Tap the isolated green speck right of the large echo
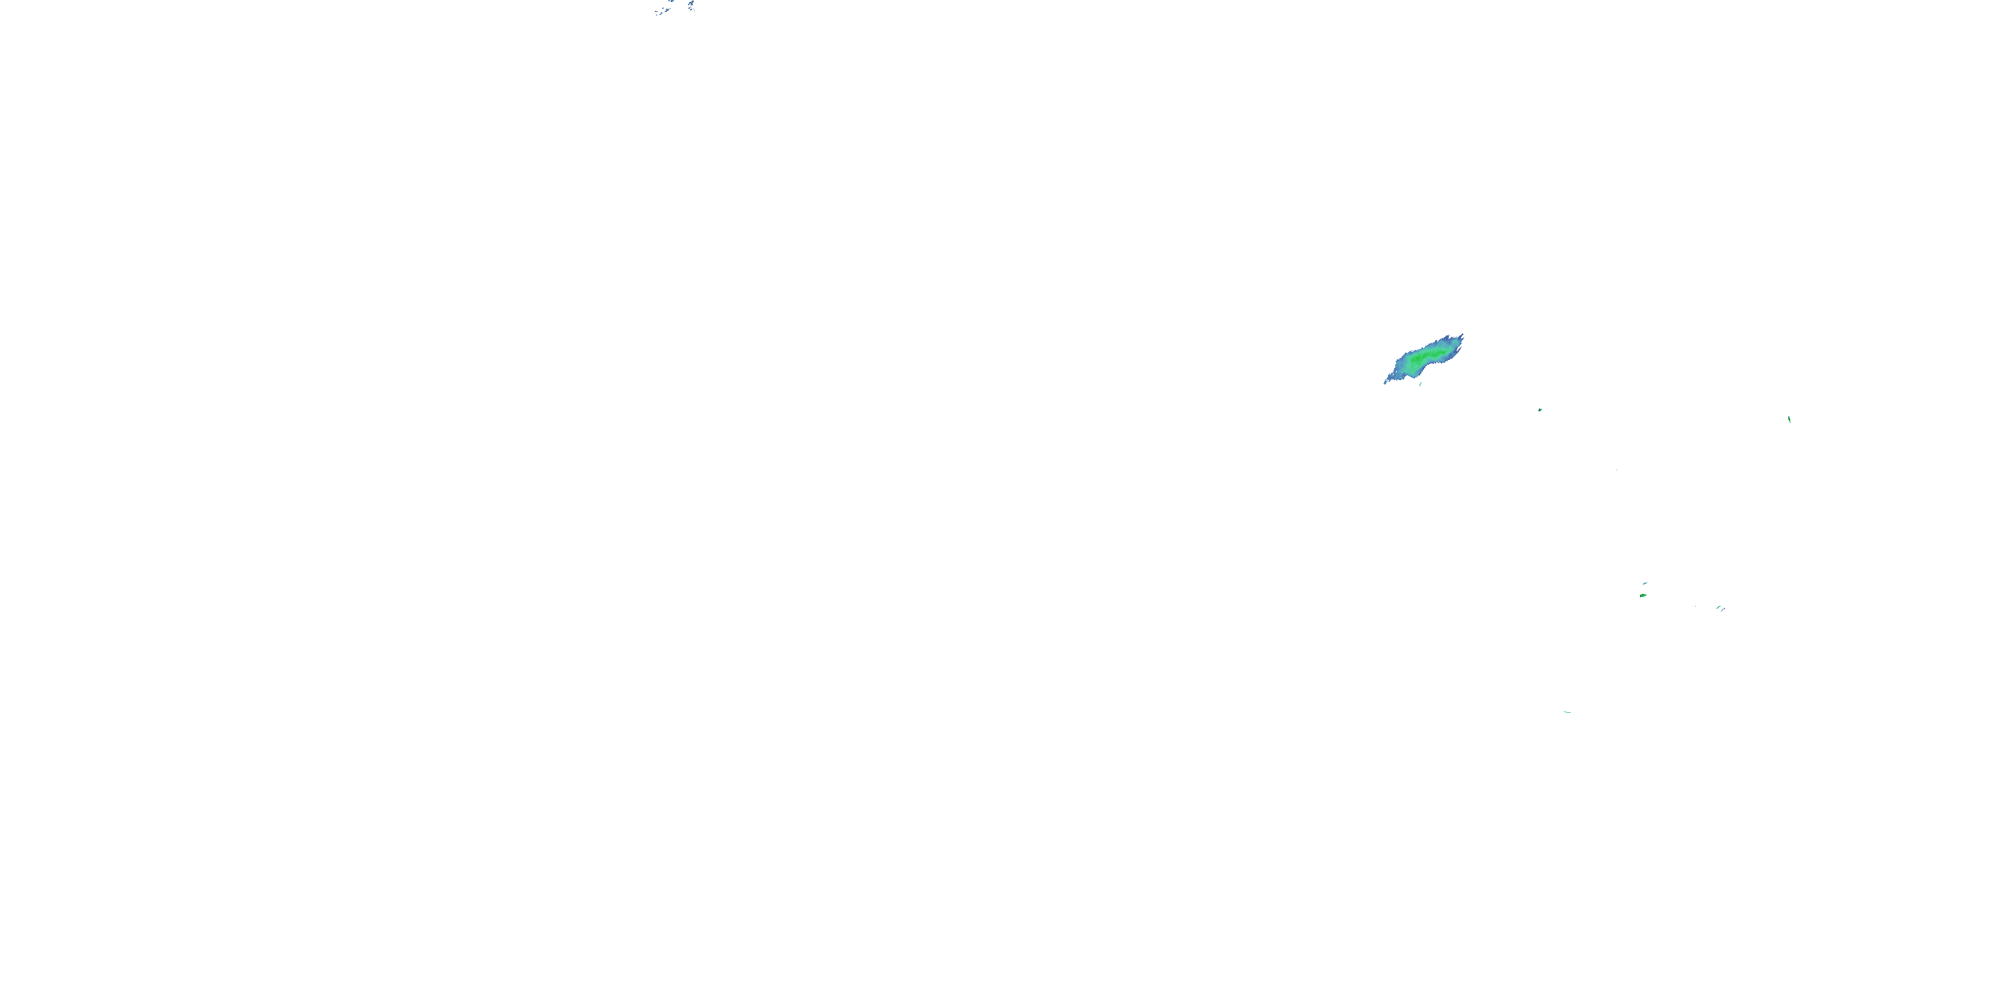pyautogui.click(x=1540, y=409)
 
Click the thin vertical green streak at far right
pyautogui.click(x=1790, y=420)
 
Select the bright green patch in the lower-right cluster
pyautogui.click(x=1643, y=596)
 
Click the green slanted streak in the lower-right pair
pyautogui.click(x=1719, y=608)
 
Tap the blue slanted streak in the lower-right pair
pyautogui.click(x=1723, y=610)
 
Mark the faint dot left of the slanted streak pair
pyautogui.click(x=1696, y=607)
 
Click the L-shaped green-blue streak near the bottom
pyautogui.click(x=1568, y=713)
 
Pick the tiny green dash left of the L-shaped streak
pyautogui.click(x=1564, y=712)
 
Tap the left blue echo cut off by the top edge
pyautogui.click(x=672, y=1)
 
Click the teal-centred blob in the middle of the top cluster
pyautogui.click(x=667, y=9)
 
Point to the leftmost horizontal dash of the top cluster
pyautogui.click(x=657, y=11)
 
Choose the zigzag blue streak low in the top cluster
pyautogui.click(x=661, y=13)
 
